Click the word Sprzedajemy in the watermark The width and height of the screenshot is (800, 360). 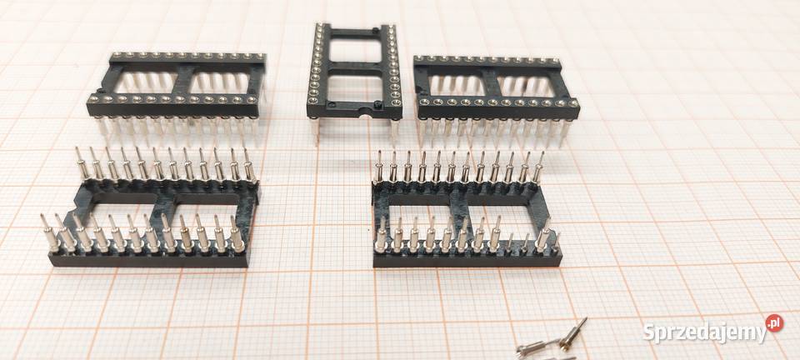704,332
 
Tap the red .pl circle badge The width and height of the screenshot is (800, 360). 774,323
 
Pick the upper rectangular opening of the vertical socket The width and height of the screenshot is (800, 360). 355,51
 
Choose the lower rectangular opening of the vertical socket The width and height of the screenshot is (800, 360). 355,87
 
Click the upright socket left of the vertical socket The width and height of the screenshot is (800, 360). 176,94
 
